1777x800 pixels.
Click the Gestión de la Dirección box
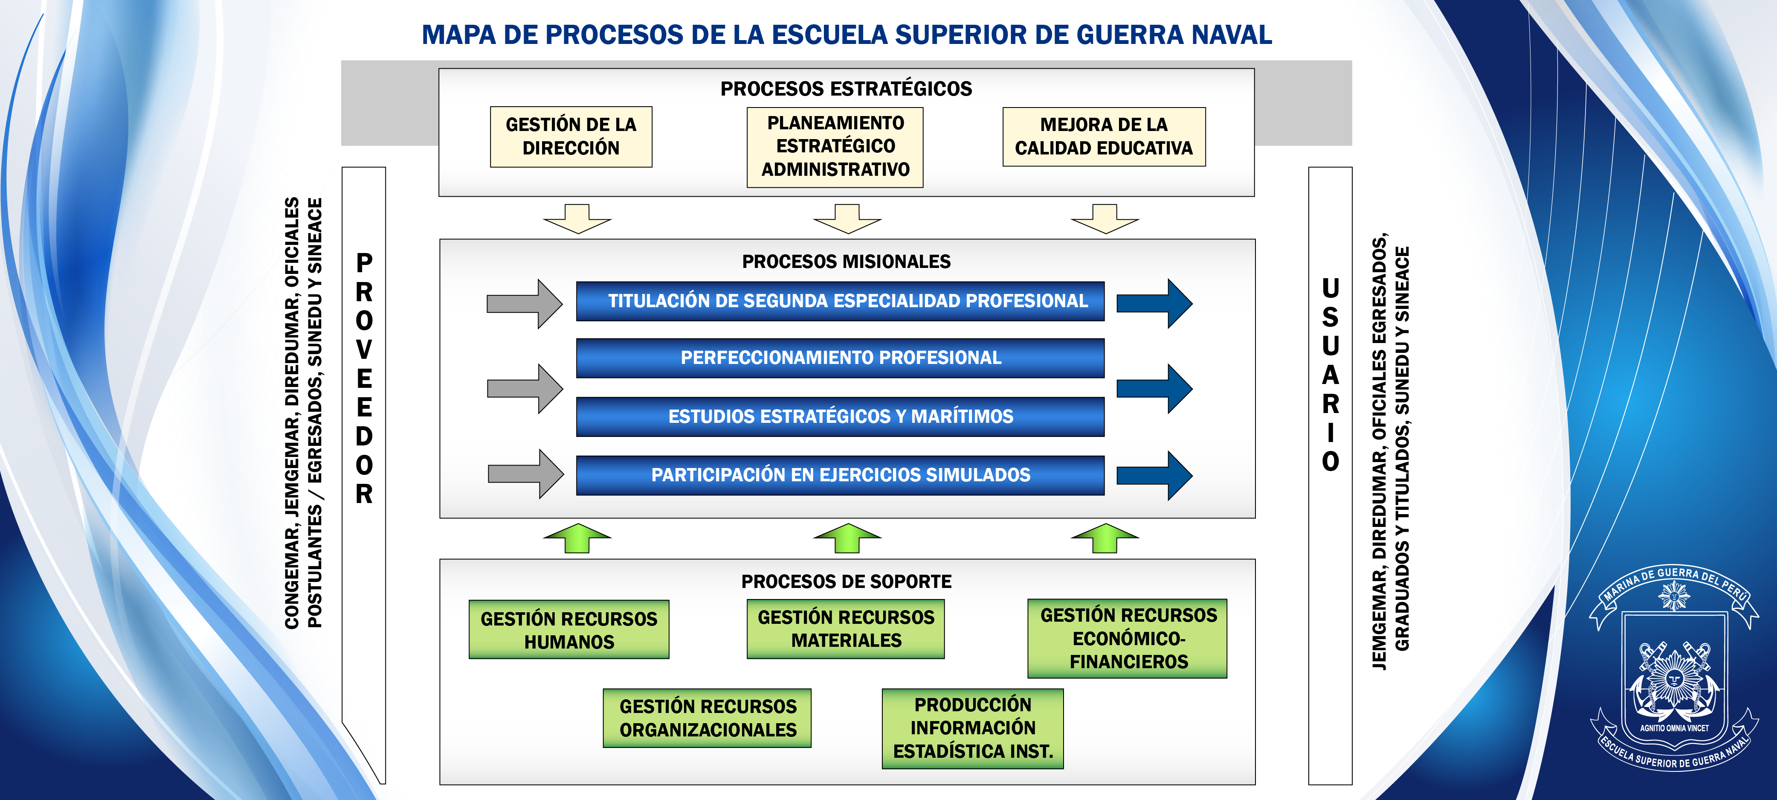coord(571,137)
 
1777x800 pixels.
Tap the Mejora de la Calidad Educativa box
coord(1104,137)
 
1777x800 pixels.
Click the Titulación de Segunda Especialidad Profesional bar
coord(840,301)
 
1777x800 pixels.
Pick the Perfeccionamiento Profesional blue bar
coord(840,358)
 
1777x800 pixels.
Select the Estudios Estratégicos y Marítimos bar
coord(840,416)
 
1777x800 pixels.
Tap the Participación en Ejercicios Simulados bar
coord(840,475)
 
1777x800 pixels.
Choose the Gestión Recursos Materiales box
coord(846,629)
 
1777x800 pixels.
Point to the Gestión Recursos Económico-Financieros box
coord(1128,638)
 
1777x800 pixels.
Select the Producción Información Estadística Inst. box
coord(973,728)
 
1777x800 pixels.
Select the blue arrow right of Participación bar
coord(1154,475)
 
